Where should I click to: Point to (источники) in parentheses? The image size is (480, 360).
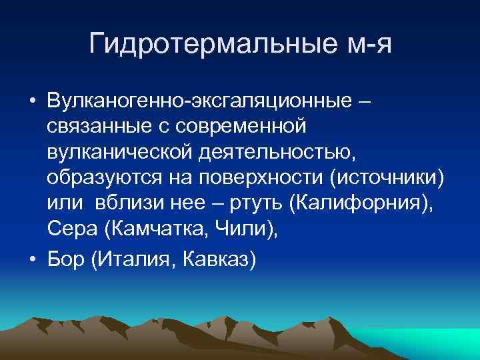pyautogui.click(x=388, y=179)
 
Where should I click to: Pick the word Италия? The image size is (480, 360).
pyautogui.click(x=132, y=257)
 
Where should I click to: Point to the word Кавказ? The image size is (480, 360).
pyautogui.click(x=217, y=257)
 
